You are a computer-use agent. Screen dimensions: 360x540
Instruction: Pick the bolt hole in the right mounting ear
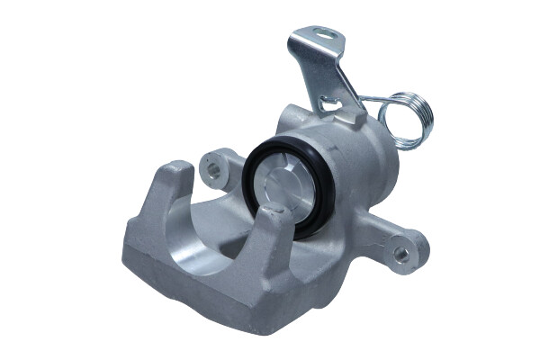402,253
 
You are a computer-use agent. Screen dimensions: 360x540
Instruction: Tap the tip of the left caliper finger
179,171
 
